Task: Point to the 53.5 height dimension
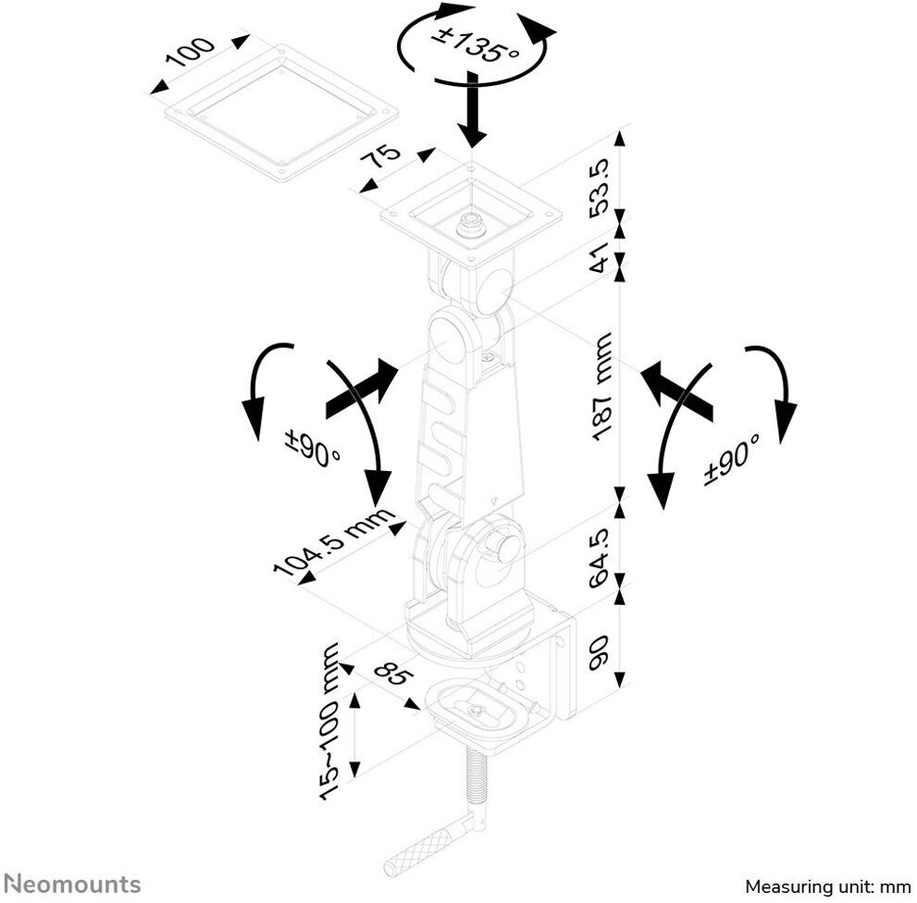pyautogui.click(x=600, y=185)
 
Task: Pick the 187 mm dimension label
pyautogui.click(x=601, y=387)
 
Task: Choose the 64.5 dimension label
pyautogui.click(x=600, y=557)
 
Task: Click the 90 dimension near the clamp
pyautogui.click(x=600, y=653)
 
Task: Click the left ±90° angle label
pyautogui.click(x=314, y=448)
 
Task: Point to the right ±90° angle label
pyautogui.click(x=731, y=458)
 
